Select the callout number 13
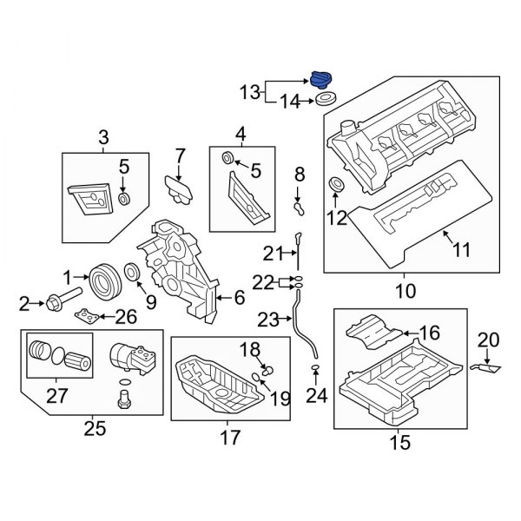[250, 90]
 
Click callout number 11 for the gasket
[461, 250]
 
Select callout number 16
[431, 332]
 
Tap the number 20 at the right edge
[488, 340]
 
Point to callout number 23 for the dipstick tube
[280, 320]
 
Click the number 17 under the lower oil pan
[228, 439]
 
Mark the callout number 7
[180, 156]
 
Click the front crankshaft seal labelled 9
[132, 275]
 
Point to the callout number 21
[274, 253]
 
